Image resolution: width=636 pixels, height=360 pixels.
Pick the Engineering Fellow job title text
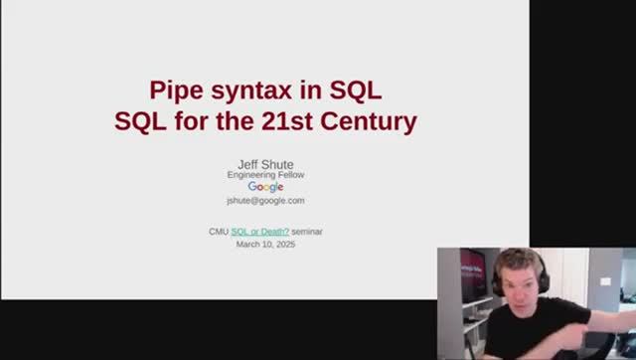tap(265, 175)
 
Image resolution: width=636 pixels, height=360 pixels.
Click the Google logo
tap(265, 187)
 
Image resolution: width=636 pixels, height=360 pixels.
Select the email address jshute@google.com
tap(265, 200)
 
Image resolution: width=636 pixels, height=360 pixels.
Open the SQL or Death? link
tap(260, 232)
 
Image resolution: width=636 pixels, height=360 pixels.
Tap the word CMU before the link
tap(219, 232)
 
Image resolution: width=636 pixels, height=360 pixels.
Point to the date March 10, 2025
tap(265, 244)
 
